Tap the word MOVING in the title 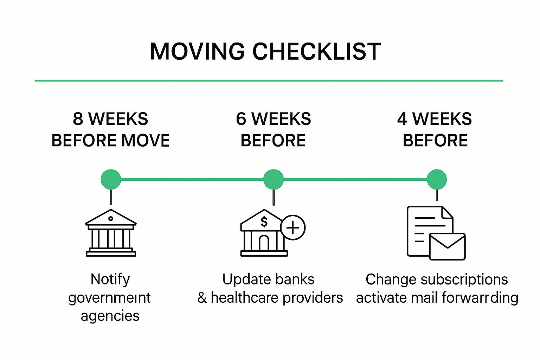coord(197,51)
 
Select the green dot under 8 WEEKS coord(111,179)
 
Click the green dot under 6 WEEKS coord(274,179)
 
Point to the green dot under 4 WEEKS coord(437,179)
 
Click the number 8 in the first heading coord(78,119)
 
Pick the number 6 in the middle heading coord(241,119)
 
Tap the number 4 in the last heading coord(402,119)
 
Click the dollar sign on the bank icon coord(264,222)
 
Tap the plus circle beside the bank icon coord(293,227)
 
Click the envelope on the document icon coord(447,247)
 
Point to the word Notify coord(110,279)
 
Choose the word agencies coord(110,316)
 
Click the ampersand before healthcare coord(202,298)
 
